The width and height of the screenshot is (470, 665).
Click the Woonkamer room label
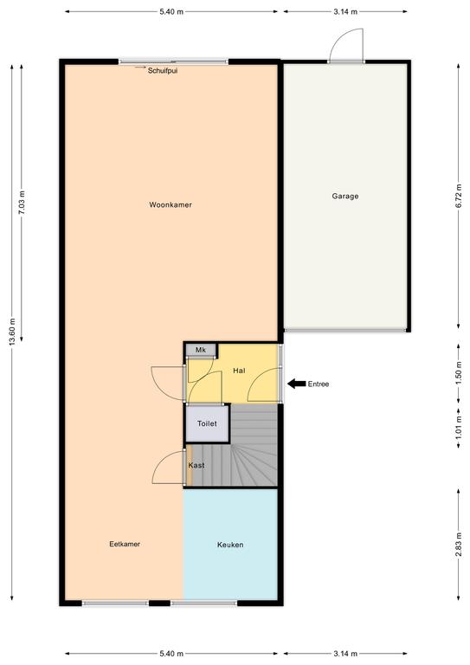click(x=171, y=205)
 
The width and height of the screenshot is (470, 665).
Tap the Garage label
click(x=345, y=197)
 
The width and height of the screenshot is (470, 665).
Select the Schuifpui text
click(x=163, y=71)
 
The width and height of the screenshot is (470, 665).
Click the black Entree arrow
click(x=297, y=384)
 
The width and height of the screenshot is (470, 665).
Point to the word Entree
click(x=319, y=384)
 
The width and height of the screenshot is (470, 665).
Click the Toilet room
click(x=207, y=423)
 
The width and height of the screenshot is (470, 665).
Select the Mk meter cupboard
click(x=201, y=351)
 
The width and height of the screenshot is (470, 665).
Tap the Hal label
click(x=239, y=371)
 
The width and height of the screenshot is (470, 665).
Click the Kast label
click(x=196, y=465)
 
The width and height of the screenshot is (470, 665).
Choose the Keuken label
click(x=230, y=545)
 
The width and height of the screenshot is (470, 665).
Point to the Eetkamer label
click(x=125, y=544)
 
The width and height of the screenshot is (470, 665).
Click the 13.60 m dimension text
click(x=12, y=332)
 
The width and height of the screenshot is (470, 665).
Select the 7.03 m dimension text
click(x=22, y=203)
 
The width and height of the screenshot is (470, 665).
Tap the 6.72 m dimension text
click(x=459, y=196)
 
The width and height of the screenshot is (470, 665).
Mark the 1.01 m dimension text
click(x=459, y=427)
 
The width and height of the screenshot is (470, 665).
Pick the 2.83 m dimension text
click(x=459, y=545)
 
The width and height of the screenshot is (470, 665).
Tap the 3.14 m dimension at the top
click(x=345, y=12)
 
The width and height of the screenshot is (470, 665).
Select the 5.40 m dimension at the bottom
click(x=171, y=654)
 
